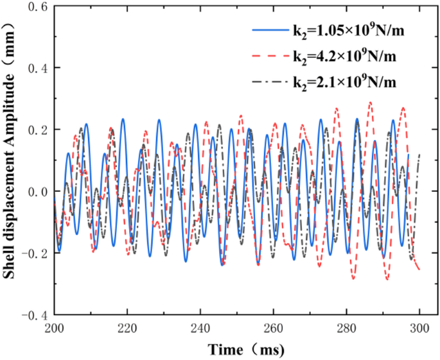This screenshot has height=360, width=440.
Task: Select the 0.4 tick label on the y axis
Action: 37,68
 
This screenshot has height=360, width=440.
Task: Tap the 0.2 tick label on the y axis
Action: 37,130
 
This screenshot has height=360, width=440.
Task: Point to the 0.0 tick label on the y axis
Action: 37,191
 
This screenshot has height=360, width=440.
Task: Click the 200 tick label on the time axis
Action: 55,329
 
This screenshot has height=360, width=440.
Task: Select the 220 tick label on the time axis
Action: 128,329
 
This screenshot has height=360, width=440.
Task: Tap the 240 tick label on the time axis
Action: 201,329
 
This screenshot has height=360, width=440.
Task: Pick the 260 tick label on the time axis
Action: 274,329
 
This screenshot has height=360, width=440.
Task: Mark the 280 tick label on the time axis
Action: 347,329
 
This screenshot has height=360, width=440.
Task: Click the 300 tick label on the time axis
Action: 419,329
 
